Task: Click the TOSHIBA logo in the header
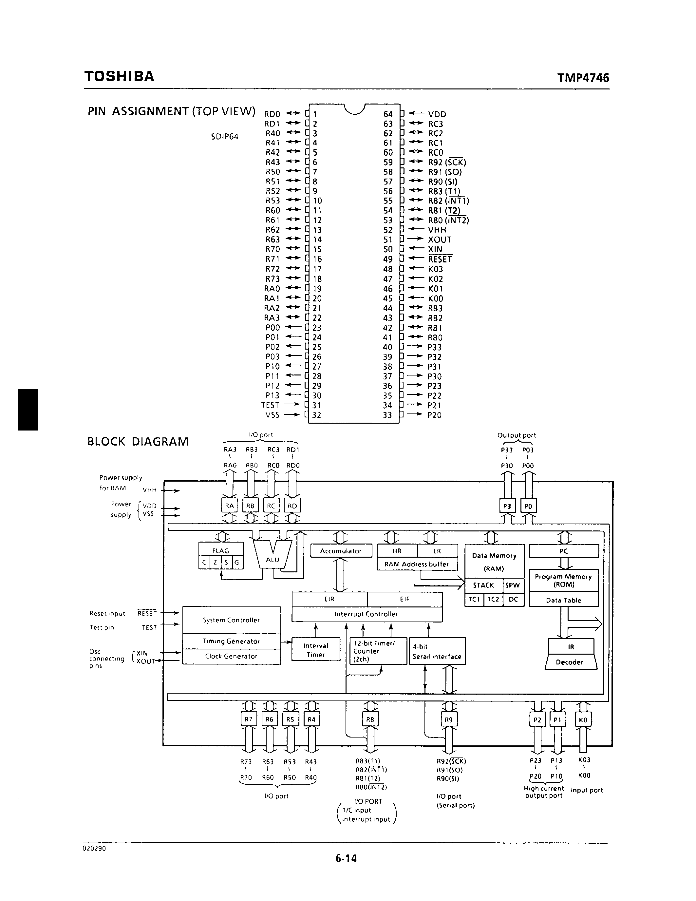(119, 76)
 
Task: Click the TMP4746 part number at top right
(583, 78)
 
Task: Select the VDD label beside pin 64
(437, 114)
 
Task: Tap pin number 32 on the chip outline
(317, 415)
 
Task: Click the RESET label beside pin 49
(440, 259)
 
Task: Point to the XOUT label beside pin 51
(440, 240)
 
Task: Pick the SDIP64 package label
(224, 137)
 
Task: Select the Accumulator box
(341, 551)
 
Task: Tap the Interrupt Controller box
(366, 614)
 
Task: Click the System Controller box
(231, 620)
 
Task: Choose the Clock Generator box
(231, 656)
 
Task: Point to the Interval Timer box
(316, 650)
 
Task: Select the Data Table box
(563, 600)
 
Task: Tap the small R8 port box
(370, 719)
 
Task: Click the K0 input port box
(583, 720)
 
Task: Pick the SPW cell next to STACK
(513, 585)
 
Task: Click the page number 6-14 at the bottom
(346, 858)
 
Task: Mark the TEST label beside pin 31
(270, 405)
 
